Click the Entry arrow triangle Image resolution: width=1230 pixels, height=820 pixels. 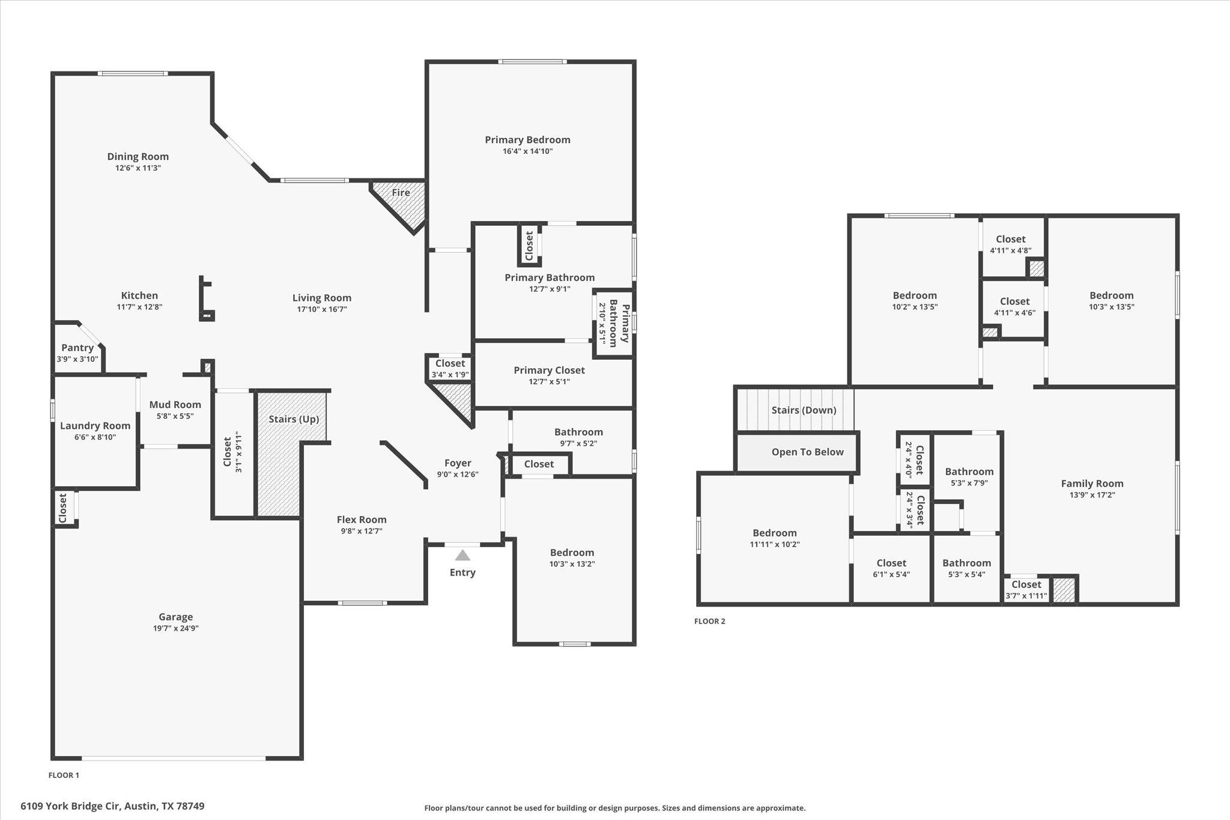click(x=462, y=556)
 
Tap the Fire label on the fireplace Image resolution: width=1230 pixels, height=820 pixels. click(x=401, y=193)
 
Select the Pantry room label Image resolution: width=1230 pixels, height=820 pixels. click(x=77, y=348)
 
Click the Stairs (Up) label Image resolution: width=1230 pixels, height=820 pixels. click(x=294, y=419)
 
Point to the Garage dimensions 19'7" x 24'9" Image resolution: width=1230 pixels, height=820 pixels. click(x=175, y=628)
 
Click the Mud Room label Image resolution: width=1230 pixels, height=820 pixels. click(x=175, y=405)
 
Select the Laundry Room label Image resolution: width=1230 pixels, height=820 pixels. click(x=95, y=426)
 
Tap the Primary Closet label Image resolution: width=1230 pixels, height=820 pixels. click(x=549, y=371)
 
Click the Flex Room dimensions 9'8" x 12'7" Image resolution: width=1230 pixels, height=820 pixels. click(x=361, y=531)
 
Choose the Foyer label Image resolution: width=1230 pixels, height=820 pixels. click(x=458, y=463)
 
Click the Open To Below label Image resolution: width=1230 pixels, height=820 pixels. click(x=807, y=452)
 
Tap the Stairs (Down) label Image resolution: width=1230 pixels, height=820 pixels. click(x=804, y=410)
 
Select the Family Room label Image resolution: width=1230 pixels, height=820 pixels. click(x=1092, y=484)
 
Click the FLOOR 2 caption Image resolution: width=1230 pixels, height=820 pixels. click(x=709, y=621)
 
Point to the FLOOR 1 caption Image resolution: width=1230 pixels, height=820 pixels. click(x=64, y=775)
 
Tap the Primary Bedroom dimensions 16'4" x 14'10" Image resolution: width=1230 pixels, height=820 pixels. click(x=527, y=151)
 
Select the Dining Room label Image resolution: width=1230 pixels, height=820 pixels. click(x=138, y=157)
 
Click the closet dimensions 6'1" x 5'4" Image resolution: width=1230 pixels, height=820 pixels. click(x=891, y=574)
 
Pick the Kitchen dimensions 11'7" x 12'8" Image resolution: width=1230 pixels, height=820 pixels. click(x=139, y=307)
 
